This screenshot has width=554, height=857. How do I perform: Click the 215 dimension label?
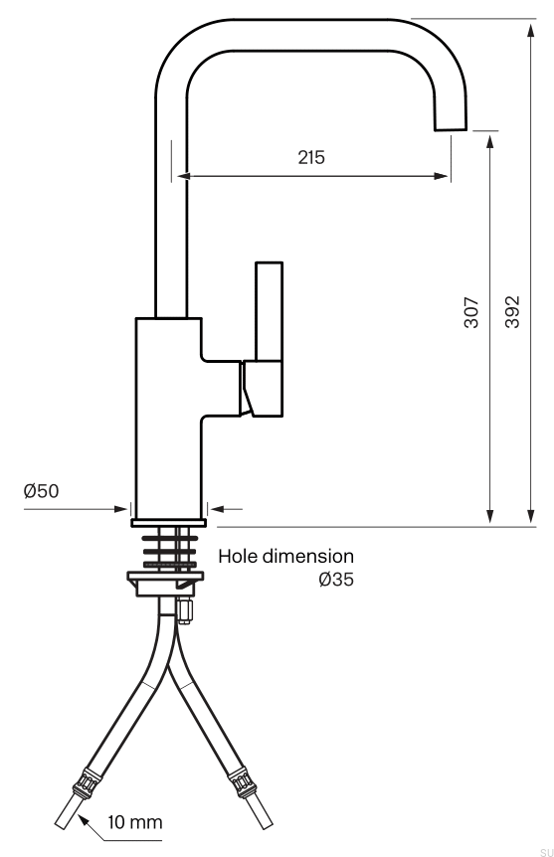click(x=311, y=157)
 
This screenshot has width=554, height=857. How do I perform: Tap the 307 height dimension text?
click(x=470, y=312)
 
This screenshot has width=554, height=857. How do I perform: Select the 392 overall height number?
click(x=512, y=312)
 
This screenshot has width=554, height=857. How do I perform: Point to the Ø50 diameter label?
click(x=41, y=491)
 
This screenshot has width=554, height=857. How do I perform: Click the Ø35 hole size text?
click(x=336, y=579)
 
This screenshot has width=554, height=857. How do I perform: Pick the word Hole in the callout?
click(x=238, y=557)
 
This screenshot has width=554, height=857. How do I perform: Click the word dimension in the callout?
click(x=308, y=557)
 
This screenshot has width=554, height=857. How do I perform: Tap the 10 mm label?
click(x=135, y=822)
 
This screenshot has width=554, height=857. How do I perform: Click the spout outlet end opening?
click(x=451, y=129)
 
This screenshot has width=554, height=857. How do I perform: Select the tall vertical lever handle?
click(x=270, y=311)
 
